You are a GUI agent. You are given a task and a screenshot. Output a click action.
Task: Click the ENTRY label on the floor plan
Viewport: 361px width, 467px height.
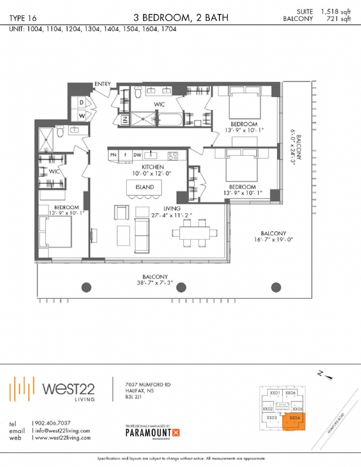(x=103, y=84)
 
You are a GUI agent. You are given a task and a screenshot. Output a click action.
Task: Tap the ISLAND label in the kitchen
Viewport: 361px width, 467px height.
(x=144, y=187)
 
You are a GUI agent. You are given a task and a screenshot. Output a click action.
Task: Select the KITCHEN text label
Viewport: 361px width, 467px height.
(x=152, y=168)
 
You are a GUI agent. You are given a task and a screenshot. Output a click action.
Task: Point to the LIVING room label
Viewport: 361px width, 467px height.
(x=172, y=209)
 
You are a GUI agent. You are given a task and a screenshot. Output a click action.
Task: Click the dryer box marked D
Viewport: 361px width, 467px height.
(x=82, y=102)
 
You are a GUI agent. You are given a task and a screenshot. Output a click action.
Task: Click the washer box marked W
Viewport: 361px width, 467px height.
(x=82, y=114)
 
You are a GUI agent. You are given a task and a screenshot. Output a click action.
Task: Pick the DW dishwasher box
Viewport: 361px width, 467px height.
(x=137, y=155)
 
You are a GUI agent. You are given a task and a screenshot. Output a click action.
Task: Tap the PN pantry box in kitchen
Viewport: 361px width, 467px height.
(x=113, y=155)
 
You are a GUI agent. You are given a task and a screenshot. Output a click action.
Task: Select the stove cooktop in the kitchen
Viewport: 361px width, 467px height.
(x=172, y=155)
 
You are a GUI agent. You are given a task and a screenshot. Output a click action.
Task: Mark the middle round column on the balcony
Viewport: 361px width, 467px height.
(x=181, y=287)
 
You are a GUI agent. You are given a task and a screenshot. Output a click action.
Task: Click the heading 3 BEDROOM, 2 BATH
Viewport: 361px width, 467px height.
(x=181, y=17)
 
